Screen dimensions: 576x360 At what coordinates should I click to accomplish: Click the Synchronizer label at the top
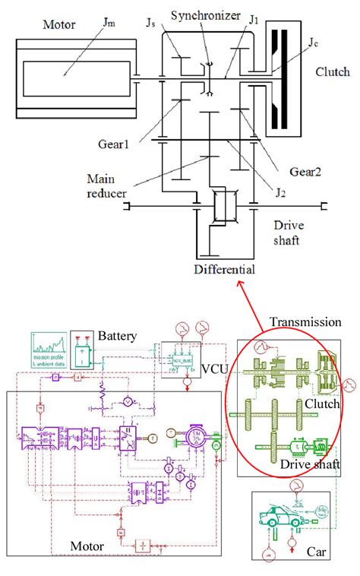(200, 15)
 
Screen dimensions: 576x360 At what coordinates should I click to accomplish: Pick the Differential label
(224, 269)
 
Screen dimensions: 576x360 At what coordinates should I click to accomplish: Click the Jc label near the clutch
(314, 43)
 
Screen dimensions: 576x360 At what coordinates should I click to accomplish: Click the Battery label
(116, 335)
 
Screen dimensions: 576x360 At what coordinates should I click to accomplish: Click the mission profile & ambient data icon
(49, 350)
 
